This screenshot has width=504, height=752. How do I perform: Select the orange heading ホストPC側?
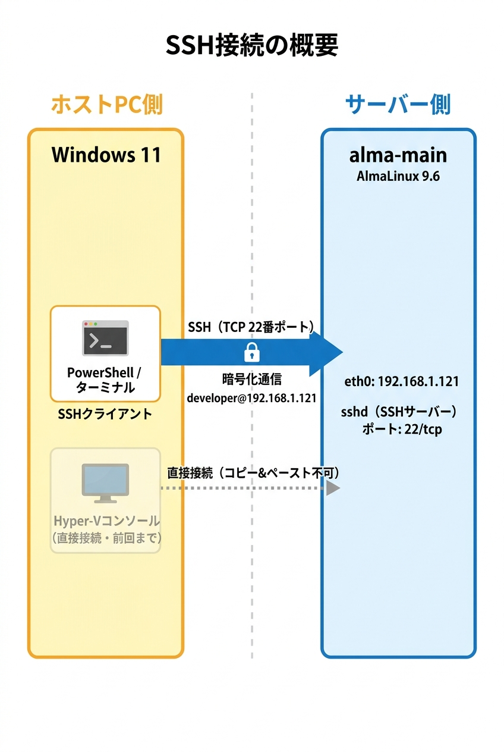[106, 104]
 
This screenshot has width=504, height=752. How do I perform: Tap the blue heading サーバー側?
[398, 104]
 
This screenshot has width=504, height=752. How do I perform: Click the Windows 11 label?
[106, 155]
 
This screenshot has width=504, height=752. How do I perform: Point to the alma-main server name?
[398, 155]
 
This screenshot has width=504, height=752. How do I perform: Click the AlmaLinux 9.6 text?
[398, 177]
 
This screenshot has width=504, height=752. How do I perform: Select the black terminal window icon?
[105, 338]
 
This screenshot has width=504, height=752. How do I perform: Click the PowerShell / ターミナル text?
[105, 380]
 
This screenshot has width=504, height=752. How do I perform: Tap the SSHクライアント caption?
[105, 415]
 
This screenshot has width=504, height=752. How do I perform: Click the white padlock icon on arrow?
[252, 353]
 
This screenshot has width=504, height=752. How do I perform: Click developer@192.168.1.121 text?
[251, 398]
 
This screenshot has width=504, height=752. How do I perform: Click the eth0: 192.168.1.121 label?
[402, 381]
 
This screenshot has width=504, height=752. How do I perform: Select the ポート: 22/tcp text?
[402, 429]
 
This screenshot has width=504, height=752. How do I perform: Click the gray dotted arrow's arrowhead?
[333, 488]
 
